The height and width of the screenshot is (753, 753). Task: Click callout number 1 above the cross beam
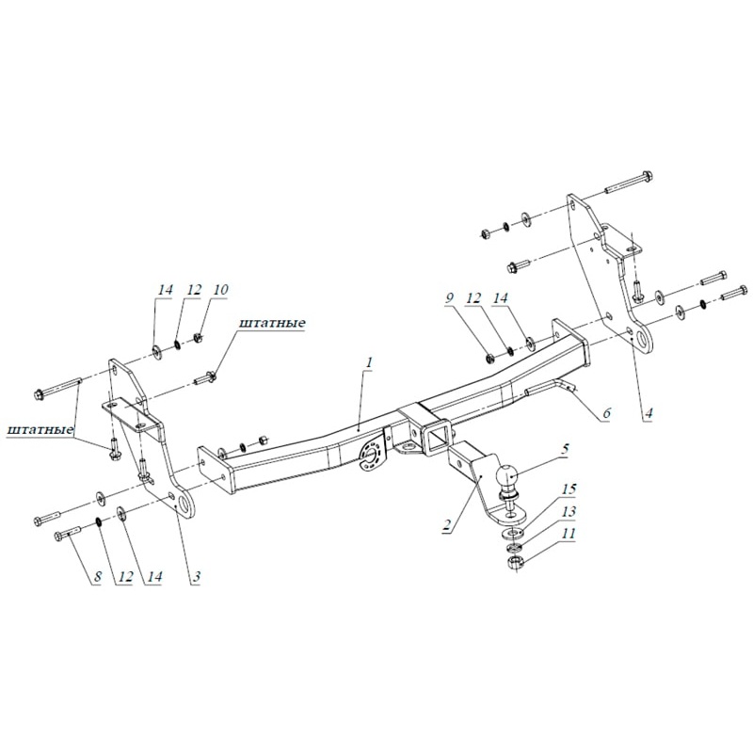[370, 362]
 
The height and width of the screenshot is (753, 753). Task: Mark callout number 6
[606, 412]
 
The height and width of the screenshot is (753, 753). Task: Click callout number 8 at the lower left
[94, 576]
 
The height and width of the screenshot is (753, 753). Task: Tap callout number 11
[568, 534]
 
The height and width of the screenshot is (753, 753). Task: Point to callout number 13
[568, 511]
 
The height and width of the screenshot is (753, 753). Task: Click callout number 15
[568, 489]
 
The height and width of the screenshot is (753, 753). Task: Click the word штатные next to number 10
[272, 324]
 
